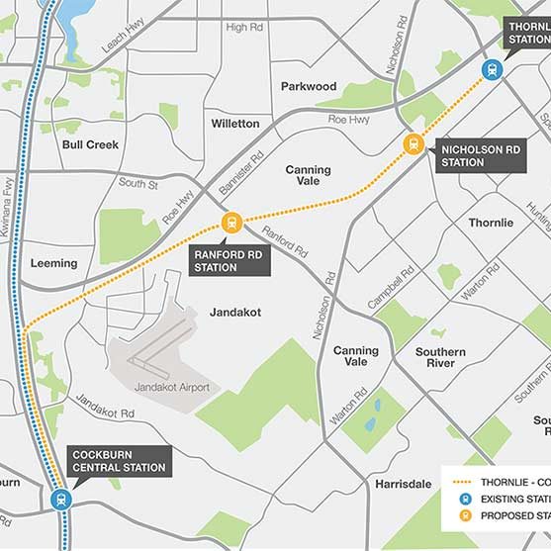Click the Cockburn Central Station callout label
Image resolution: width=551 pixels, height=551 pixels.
point(119,461)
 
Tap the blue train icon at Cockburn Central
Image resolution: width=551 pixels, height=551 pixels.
point(61,500)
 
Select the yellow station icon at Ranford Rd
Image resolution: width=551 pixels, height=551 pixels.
point(231,223)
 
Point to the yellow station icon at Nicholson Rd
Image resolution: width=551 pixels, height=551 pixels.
point(413,144)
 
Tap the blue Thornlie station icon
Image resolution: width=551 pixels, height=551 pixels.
point(492,69)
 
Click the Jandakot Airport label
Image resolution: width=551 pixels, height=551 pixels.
point(171,387)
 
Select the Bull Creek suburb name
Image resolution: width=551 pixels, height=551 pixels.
point(90,144)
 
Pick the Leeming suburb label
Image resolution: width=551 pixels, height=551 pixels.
point(53,263)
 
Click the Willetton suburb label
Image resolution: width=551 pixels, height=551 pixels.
point(235,124)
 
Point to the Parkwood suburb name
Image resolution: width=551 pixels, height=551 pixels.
point(309,86)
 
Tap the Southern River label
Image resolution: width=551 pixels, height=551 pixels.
point(440,358)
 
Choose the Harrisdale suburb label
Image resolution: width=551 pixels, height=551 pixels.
point(404,484)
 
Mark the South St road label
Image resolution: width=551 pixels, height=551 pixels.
point(138,183)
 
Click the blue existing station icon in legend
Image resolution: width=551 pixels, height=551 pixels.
point(463,500)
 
